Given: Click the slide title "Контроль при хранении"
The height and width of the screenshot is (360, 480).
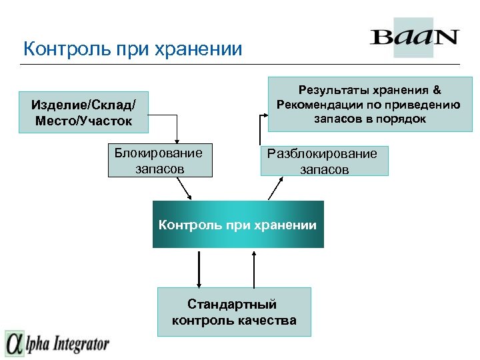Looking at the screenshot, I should coord(132,49).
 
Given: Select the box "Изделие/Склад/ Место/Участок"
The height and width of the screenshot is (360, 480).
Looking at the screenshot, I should coord(83,112).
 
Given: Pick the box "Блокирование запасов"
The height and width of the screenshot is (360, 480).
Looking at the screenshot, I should coord(160,161).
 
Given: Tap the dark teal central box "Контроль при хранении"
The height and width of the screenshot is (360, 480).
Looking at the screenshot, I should coord(238,225).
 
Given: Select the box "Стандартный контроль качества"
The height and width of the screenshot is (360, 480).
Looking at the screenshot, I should coord(233,312).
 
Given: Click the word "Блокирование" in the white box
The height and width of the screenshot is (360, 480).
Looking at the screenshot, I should coord(158,153).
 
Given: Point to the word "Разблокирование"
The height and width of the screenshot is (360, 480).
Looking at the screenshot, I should coord(322,154).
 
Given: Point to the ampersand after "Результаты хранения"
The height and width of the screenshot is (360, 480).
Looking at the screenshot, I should coord(437,89).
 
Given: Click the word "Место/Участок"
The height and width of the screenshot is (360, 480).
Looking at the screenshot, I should coord(83,120).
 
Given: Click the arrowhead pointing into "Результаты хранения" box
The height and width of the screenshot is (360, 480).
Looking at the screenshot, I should coord(265,117).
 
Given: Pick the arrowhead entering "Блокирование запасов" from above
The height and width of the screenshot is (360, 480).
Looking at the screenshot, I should coord(177,140).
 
